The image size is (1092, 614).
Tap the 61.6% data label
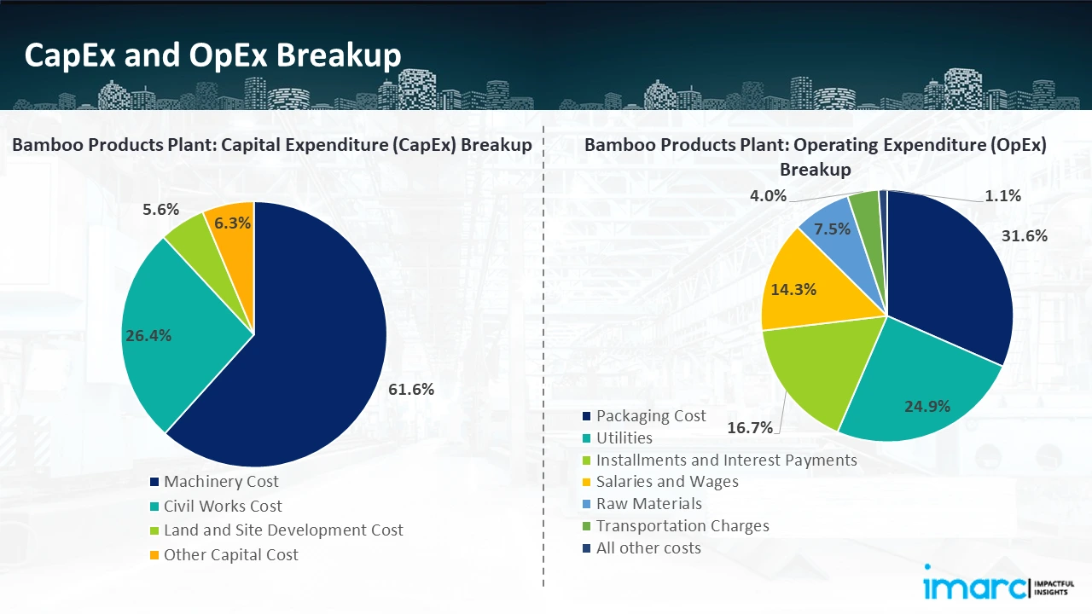(x=411, y=390)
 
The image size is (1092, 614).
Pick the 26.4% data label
(x=148, y=336)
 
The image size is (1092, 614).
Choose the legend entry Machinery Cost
(x=221, y=482)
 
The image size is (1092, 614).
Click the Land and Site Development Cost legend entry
(x=283, y=530)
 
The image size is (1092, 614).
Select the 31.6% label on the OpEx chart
(x=1025, y=236)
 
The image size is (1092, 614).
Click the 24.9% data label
(x=927, y=406)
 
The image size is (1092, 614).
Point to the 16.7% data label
(x=750, y=427)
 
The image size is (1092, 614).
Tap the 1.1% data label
(x=1003, y=196)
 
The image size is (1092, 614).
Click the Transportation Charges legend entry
(x=682, y=526)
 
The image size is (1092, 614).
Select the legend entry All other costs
(x=648, y=548)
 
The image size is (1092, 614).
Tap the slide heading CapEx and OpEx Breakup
(x=212, y=55)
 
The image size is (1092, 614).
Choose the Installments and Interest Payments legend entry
(x=726, y=460)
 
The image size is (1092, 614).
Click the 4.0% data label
(x=768, y=196)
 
